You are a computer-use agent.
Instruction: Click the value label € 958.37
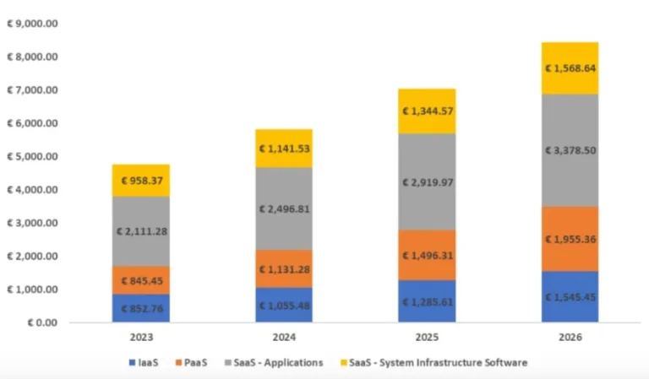(x=140, y=180)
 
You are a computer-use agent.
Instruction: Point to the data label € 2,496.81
(x=284, y=208)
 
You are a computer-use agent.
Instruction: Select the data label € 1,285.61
(x=427, y=301)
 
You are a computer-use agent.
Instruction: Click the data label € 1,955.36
(x=570, y=239)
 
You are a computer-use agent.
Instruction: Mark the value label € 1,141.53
(x=284, y=149)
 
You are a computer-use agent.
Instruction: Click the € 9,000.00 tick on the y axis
(x=31, y=24)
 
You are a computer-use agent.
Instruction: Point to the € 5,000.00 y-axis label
(x=31, y=156)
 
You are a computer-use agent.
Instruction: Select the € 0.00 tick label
(x=38, y=322)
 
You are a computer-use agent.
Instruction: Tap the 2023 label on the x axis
(x=140, y=337)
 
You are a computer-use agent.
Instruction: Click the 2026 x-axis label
(x=570, y=337)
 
